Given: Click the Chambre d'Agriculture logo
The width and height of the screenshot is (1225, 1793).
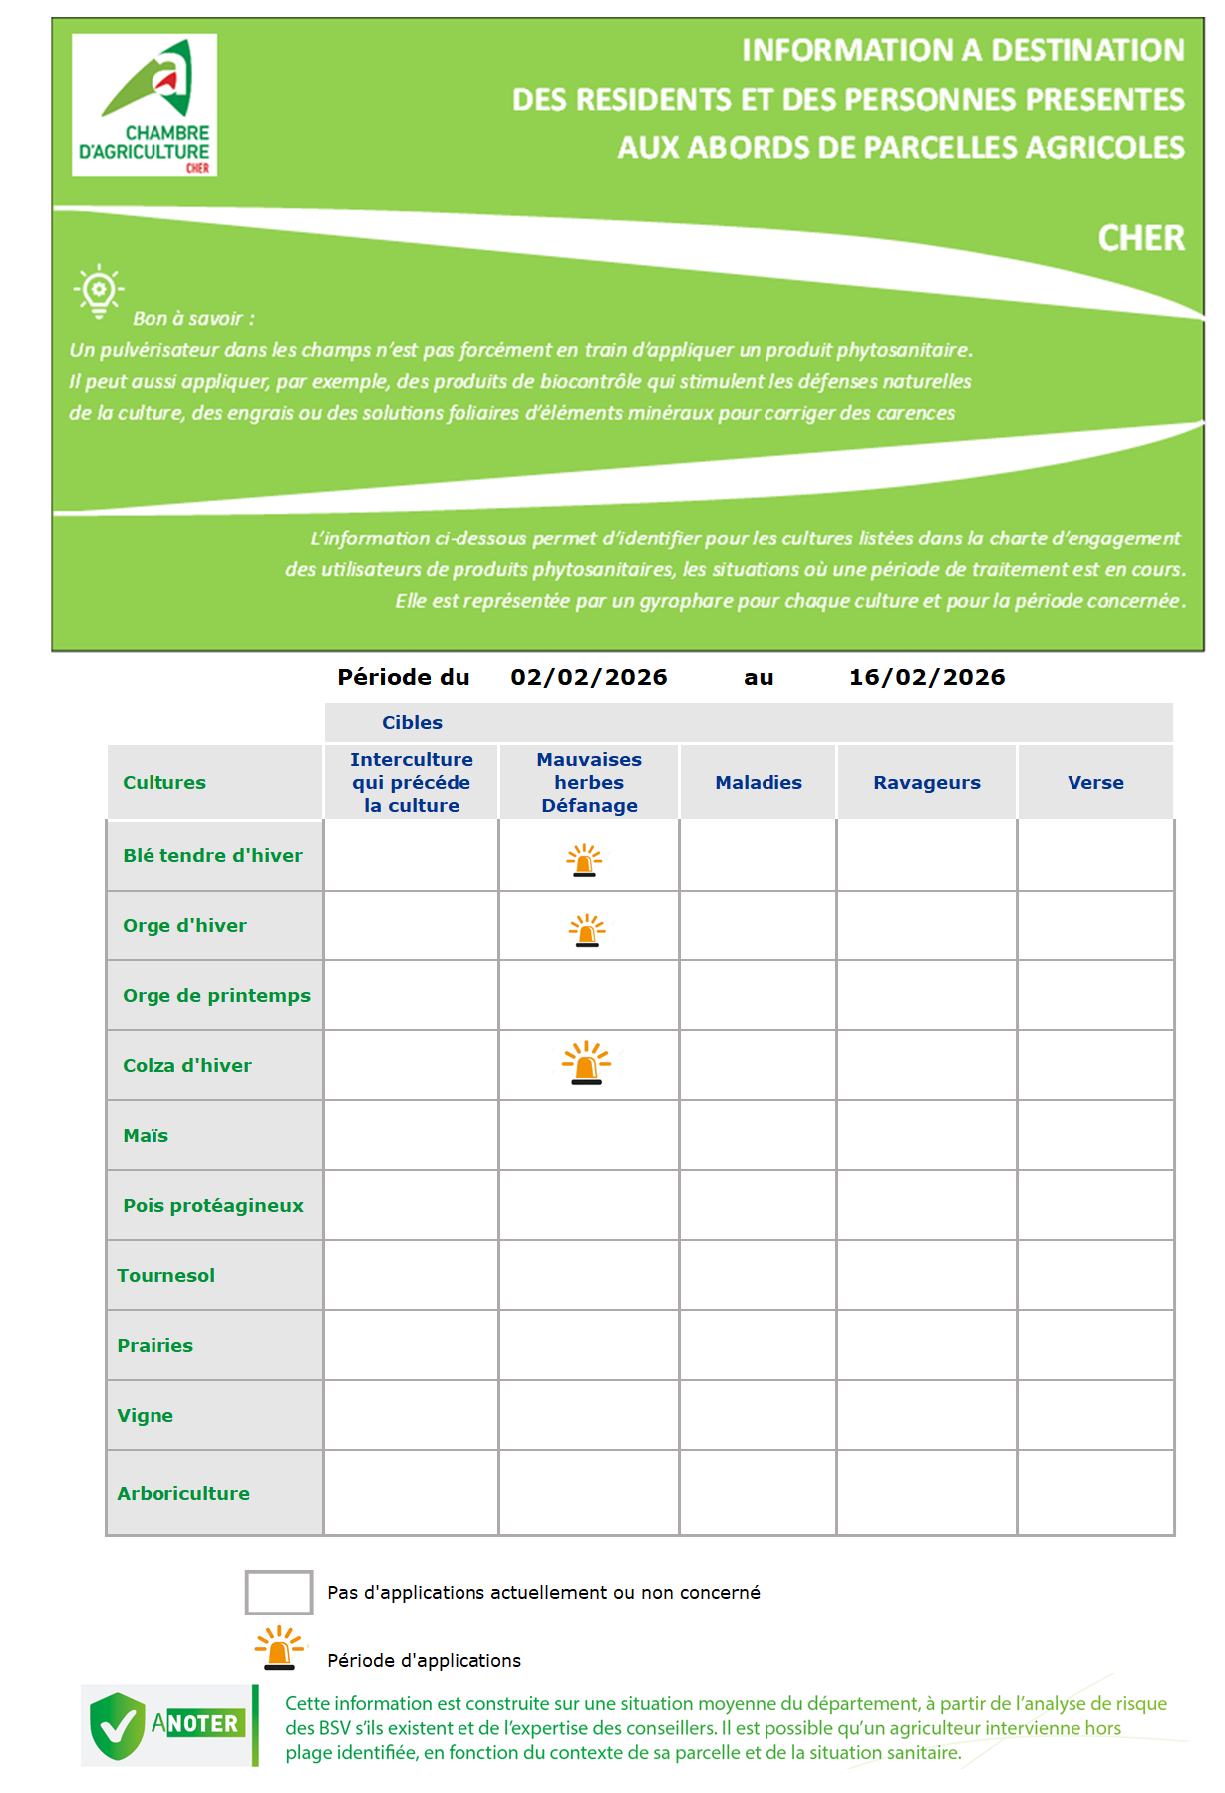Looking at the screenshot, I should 145,105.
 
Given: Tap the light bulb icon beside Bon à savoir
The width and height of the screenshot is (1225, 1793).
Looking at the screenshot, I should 98,291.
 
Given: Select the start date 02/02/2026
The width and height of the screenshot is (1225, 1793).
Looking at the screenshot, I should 588,677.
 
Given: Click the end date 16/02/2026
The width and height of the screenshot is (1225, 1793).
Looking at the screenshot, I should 926,677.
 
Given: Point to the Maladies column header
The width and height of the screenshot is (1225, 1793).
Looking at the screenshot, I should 758,782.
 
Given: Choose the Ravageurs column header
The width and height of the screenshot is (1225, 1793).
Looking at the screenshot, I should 926,782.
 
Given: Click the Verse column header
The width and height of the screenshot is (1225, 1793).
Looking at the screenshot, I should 1094,782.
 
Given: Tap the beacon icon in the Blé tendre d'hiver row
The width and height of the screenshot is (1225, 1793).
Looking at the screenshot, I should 584,860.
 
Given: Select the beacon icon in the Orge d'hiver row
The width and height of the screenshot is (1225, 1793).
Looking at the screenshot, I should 587,930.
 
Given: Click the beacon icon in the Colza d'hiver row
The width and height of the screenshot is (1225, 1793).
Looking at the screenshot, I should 586,1063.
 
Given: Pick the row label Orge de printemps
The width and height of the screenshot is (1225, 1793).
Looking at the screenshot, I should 216,995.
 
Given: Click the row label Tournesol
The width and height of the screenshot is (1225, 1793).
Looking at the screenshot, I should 165,1275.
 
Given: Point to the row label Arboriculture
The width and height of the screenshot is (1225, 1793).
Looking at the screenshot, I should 183,1493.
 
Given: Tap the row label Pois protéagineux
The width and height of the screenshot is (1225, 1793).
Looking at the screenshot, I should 213,1205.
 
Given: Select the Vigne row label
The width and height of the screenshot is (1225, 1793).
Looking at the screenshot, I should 145,1415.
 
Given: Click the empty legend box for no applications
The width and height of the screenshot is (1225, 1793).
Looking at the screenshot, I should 279,1592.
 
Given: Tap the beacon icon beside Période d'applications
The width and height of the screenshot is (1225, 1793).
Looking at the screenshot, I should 280,1647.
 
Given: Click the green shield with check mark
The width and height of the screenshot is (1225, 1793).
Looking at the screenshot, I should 118,1725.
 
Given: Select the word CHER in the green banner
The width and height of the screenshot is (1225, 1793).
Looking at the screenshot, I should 1141,238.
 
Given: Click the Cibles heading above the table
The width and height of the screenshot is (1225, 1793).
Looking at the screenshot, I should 412,722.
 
